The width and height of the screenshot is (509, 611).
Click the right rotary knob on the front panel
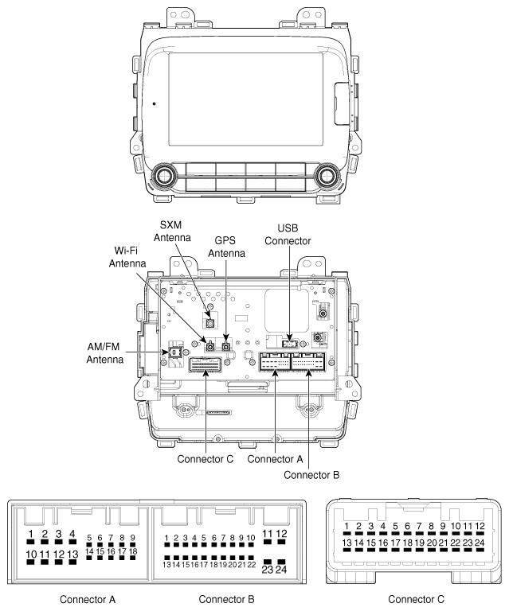326,175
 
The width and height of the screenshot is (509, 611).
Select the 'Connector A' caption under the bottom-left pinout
77,597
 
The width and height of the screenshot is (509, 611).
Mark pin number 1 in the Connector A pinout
30,534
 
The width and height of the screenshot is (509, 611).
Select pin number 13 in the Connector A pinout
72,554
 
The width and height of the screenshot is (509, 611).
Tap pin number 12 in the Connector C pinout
479,527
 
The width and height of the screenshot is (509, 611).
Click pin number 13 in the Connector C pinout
347,543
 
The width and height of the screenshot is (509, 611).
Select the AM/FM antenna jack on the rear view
170,352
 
